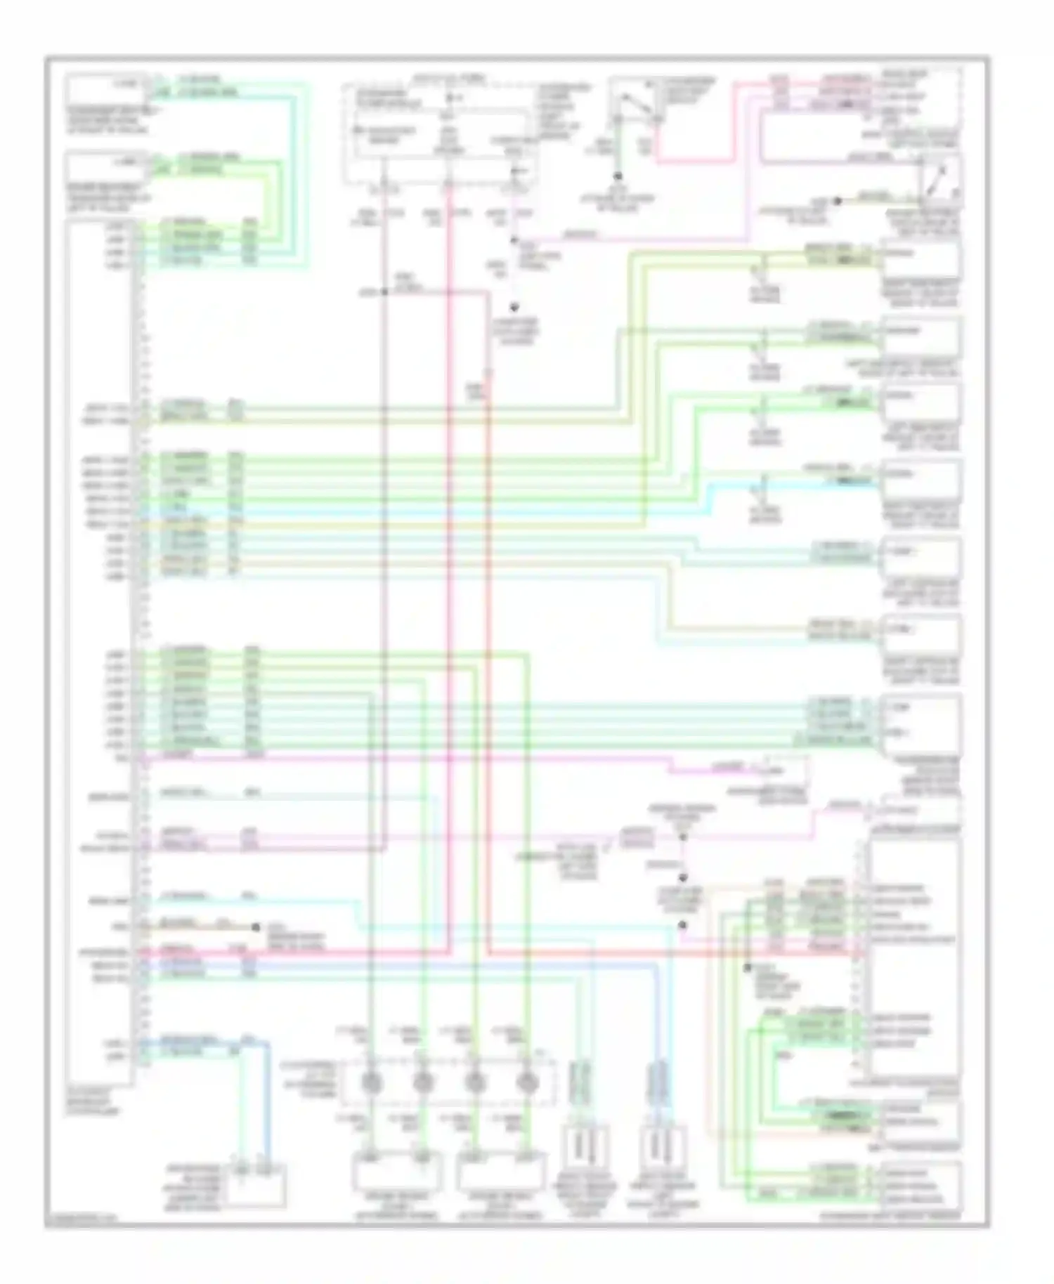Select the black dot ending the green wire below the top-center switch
point(618,177)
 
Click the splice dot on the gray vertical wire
point(384,291)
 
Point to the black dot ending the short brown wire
point(256,928)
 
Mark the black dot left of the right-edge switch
point(838,201)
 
